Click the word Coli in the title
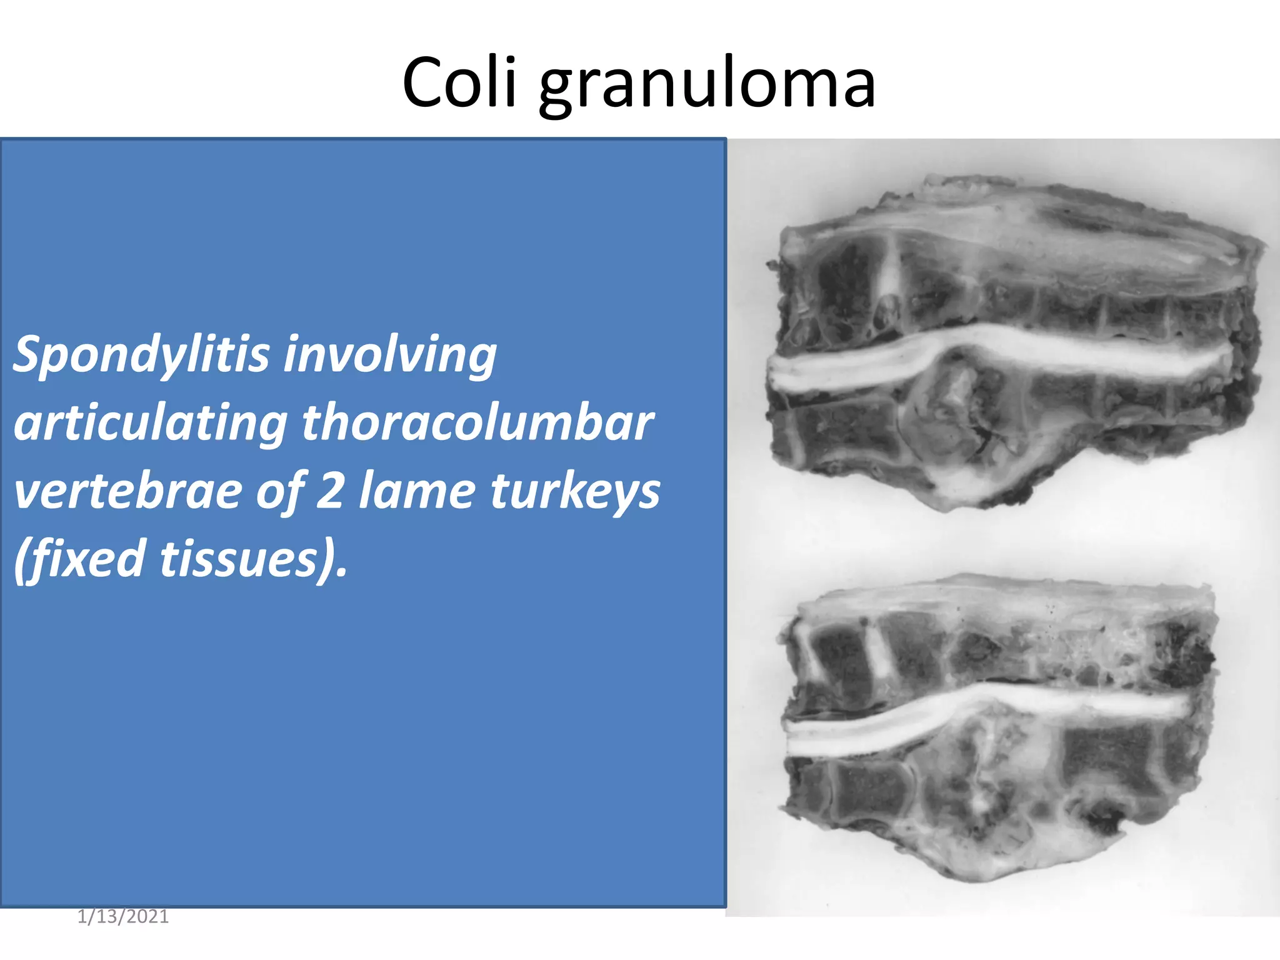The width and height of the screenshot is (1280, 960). tap(459, 83)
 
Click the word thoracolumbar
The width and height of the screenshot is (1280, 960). tap(478, 422)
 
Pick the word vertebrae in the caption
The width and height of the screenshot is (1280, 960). tap(127, 491)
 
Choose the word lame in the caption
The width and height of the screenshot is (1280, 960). tap(416, 491)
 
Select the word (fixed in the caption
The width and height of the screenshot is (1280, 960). tap(80, 559)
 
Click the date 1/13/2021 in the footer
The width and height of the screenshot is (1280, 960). tap(123, 916)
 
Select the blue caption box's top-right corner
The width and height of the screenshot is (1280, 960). tap(725, 139)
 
